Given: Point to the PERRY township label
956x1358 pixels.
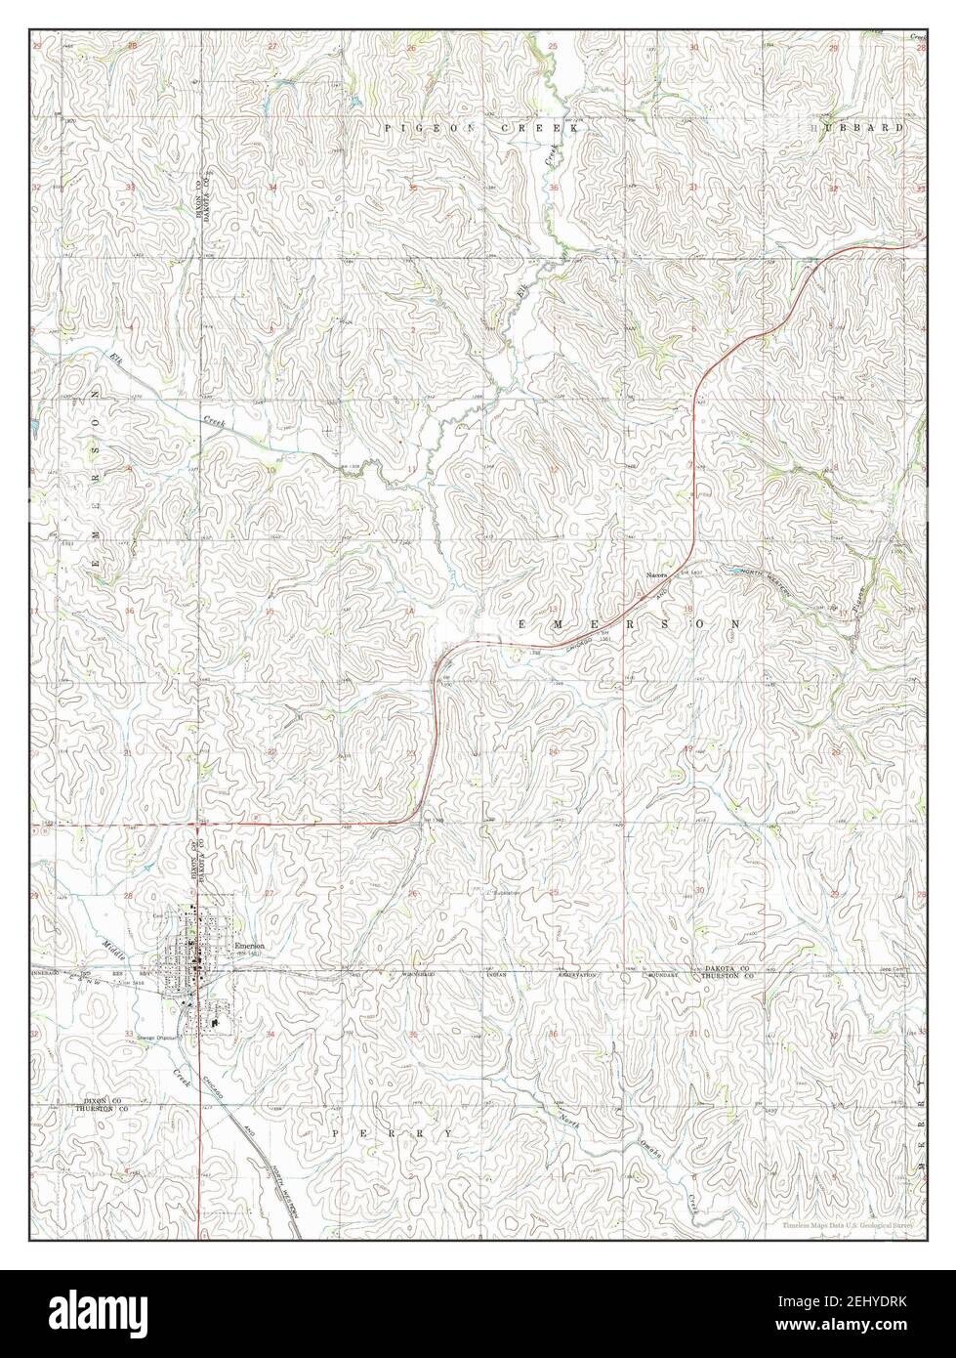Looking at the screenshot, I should point(392,1133).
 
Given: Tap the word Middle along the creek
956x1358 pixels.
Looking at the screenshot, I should point(114,946).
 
